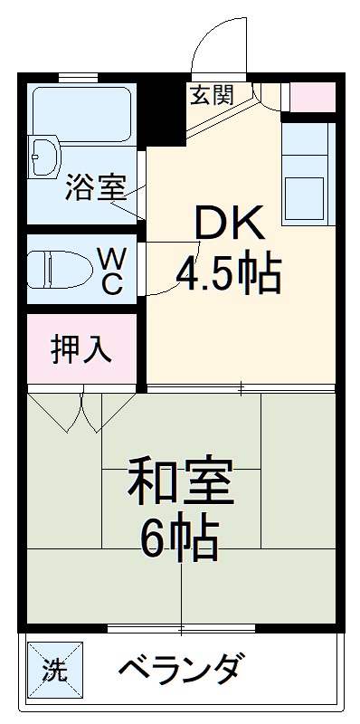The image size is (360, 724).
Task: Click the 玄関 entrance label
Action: pyautogui.click(x=214, y=94)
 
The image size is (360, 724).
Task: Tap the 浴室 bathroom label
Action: pyautogui.click(x=94, y=192)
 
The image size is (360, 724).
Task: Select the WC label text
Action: pyautogui.click(x=111, y=271)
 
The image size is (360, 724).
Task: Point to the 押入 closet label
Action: pyautogui.click(x=81, y=349)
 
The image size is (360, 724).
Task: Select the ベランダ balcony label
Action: pyautogui.click(x=180, y=671)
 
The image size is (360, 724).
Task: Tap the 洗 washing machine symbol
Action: pyautogui.click(x=55, y=670)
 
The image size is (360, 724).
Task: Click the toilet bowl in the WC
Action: pyautogui.click(x=60, y=269)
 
